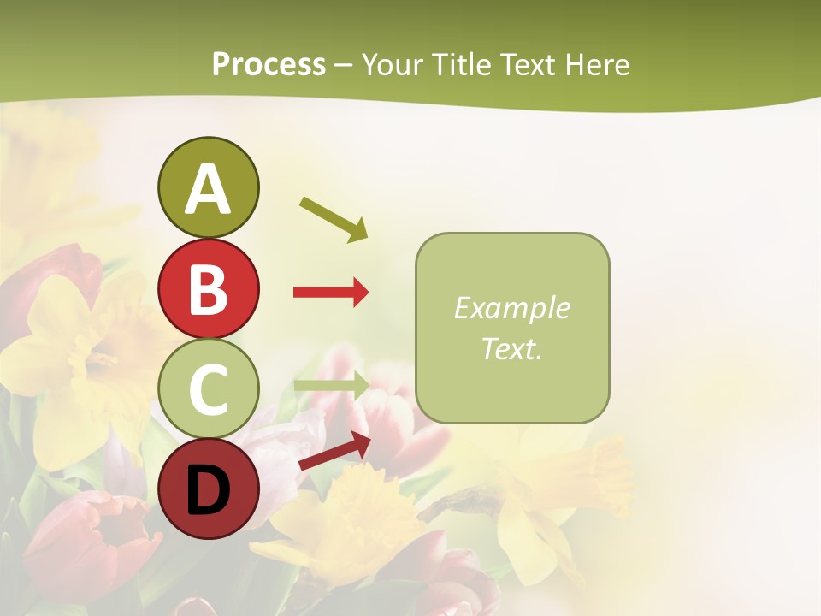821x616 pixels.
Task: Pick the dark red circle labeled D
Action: [208, 490]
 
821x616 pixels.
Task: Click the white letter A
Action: [208, 188]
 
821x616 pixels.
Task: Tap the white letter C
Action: [208, 389]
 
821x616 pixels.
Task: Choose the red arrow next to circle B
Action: [331, 293]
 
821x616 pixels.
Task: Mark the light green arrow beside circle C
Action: [331, 384]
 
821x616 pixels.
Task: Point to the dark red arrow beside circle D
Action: [334, 451]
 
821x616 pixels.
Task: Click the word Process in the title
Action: [269, 64]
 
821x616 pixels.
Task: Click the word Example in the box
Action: [511, 308]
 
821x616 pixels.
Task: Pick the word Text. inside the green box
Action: [511, 348]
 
